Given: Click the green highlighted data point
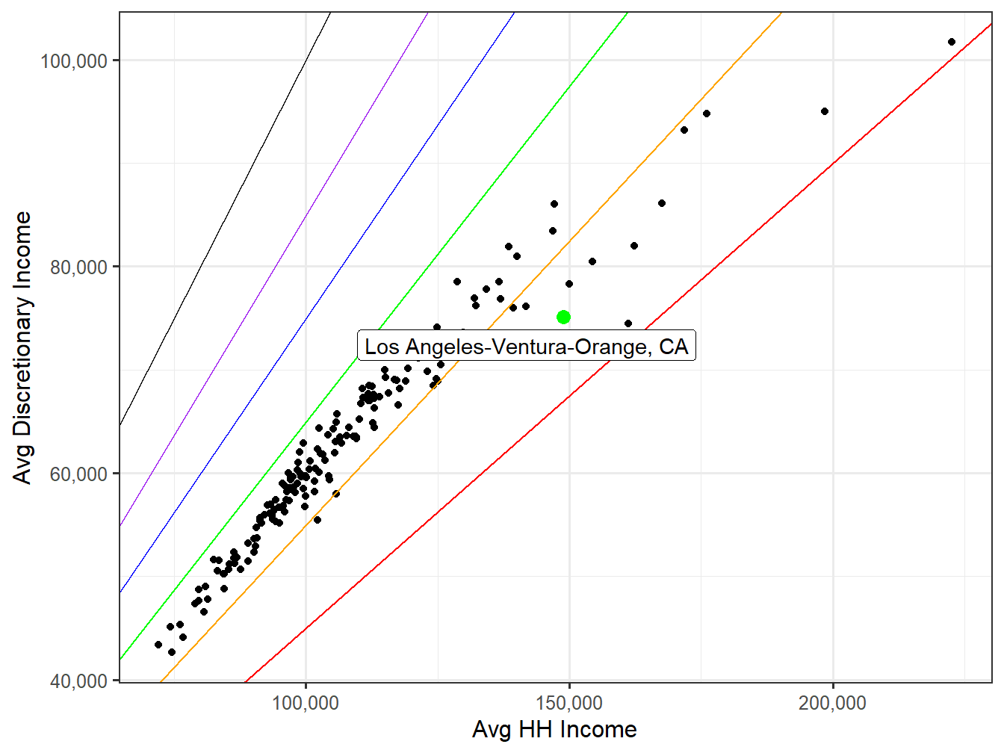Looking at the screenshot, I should point(563,317).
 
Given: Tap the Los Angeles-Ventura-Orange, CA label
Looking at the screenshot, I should point(526,347).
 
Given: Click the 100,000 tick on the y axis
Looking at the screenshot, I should point(74,61).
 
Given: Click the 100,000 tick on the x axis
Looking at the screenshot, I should point(306,703).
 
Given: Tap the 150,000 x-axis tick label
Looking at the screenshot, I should point(569,703).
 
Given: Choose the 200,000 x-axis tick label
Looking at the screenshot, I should point(832,703).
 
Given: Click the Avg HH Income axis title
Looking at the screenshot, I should point(554,730).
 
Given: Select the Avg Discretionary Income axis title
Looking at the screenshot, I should point(23,347).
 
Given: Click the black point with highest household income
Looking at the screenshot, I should point(951,42).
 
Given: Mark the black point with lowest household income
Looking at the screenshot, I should point(158,645).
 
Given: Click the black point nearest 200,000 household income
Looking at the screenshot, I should point(825,111).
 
